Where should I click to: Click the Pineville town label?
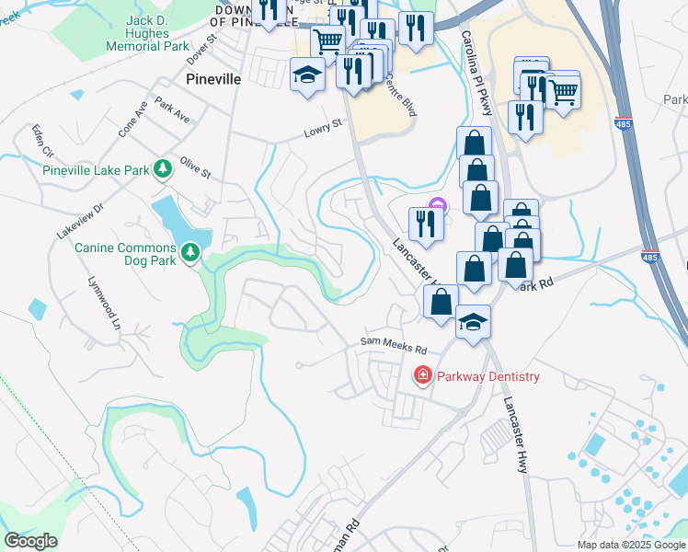click(x=213, y=79)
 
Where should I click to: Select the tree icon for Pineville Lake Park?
click(x=163, y=168)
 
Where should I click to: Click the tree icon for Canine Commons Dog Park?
click(x=190, y=250)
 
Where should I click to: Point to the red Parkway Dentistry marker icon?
click(x=422, y=375)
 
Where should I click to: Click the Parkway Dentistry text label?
click(x=487, y=376)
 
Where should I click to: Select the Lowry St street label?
click(x=323, y=129)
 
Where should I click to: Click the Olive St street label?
click(x=195, y=167)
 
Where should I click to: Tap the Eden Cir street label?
click(x=43, y=140)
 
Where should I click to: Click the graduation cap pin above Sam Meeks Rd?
click(x=473, y=322)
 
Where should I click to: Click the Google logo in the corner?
click(x=30, y=541)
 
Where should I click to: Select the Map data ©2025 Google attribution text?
click(x=631, y=545)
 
